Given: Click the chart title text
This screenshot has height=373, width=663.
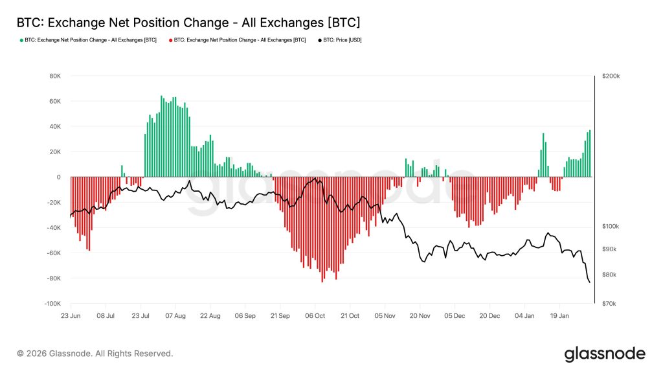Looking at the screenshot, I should pos(188,22).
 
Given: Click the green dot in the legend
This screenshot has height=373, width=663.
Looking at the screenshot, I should pos(21,40).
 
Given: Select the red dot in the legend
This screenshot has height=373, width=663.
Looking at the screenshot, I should pos(171,40).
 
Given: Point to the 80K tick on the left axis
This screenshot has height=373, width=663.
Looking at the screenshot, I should pos(54,76).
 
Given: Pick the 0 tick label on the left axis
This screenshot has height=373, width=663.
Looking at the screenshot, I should pos(58,177).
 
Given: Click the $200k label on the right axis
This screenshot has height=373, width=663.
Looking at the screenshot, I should pos(611,76).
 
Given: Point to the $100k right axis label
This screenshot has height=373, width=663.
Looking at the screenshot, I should pos(611,227).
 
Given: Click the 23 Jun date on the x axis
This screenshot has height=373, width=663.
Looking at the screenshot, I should pos(71,316).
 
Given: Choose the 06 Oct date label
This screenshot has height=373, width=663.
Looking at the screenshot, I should pos(315,316).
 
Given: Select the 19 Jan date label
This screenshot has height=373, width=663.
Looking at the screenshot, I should pos(560,316).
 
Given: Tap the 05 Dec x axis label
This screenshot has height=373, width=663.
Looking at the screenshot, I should pos(455,316).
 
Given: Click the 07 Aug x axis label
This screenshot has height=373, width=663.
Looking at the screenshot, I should pos(175,316).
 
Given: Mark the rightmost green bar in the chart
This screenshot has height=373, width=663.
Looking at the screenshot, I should pos(590,154).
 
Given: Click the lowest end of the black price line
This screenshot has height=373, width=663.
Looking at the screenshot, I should pos(589,282).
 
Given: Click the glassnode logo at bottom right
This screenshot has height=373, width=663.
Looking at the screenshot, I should pos(605,354).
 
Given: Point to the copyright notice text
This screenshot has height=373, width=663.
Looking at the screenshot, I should pos(95,354).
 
